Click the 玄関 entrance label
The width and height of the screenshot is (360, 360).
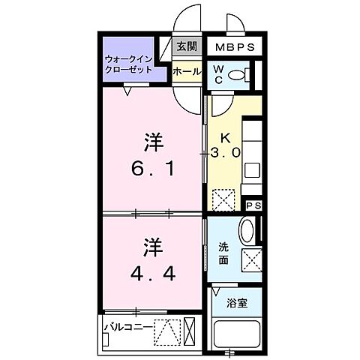coord(186,46)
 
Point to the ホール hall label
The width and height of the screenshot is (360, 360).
coord(186,72)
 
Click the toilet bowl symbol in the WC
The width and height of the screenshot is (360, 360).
coord(238,73)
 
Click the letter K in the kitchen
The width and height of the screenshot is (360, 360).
coord(225,138)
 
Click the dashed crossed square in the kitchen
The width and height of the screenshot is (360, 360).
coord(223,200)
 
